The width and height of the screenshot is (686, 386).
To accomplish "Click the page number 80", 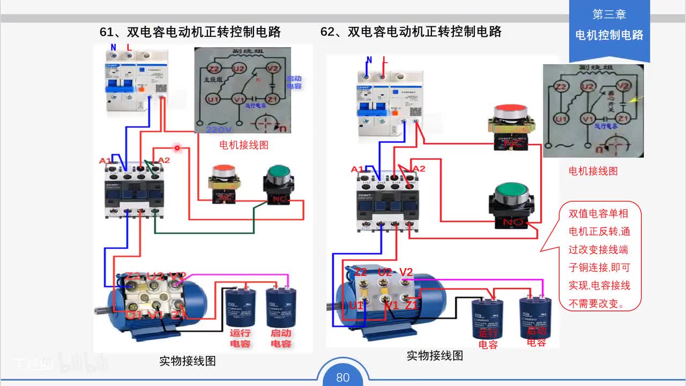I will coord(343,377).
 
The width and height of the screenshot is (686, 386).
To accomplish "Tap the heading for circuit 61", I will coord(190,32).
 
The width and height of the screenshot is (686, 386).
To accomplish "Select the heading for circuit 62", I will coord(411,32).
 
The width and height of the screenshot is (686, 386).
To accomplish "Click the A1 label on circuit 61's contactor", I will coord(105,160).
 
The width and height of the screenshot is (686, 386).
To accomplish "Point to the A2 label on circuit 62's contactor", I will coord(419,169).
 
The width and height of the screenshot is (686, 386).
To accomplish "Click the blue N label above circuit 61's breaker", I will coord(113,47).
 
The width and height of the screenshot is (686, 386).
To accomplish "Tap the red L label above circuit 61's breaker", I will coord(129,47).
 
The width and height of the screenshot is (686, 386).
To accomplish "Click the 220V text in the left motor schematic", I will coord(219,129).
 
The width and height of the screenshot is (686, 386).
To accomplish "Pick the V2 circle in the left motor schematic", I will coord(273,68).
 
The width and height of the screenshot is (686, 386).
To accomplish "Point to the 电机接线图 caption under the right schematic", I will coord(593,171).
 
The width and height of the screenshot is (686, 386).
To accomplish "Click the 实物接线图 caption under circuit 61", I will coord(188,361).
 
